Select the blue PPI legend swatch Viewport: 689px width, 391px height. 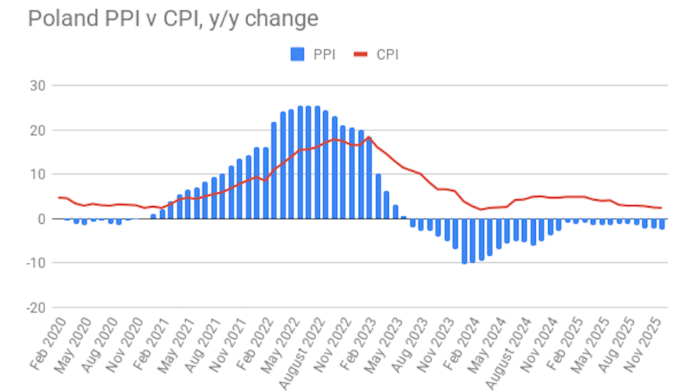(x=298, y=54)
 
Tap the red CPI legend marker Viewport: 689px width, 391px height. (x=361, y=54)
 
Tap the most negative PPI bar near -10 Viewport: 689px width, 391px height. (x=464, y=241)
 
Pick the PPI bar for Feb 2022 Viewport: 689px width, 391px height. (x=274, y=170)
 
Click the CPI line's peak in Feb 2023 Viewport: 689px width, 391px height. (x=369, y=138)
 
